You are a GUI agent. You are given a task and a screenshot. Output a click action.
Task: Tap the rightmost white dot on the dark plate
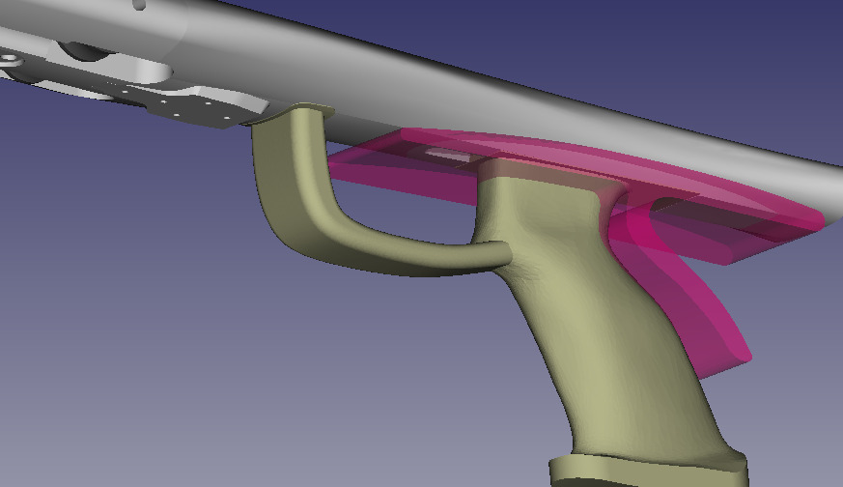point(228,121)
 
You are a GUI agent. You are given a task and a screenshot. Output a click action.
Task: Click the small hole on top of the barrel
point(141,5)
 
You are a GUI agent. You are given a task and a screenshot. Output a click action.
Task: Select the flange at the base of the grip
point(647,469)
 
